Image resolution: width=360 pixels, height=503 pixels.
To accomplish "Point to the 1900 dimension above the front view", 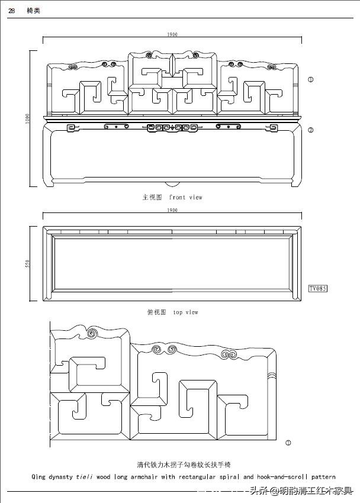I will tap(172, 35).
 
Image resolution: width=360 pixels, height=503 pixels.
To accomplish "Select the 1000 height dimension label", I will tap(27, 118).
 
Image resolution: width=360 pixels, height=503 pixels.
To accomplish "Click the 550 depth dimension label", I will tap(27, 263).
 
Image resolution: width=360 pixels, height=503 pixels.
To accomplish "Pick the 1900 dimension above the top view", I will tap(172, 210).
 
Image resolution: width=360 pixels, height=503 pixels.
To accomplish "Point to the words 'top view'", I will tap(186, 312).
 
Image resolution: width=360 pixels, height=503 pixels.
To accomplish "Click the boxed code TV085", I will tap(318, 289).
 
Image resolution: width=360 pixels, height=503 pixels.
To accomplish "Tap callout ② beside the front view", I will tap(311, 130).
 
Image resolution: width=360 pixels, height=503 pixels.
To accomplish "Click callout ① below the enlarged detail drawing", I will tap(288, 442).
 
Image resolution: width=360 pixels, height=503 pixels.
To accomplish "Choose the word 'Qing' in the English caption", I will tap(38, 476).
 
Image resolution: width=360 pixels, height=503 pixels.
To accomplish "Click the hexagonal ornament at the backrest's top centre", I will tap(173, 64).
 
